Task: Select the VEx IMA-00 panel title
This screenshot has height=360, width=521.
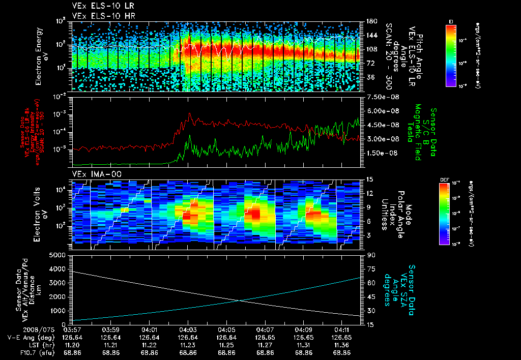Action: tap(93, 174)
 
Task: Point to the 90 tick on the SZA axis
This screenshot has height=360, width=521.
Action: tap(369, 255)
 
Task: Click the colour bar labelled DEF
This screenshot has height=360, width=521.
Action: tap(443, 214)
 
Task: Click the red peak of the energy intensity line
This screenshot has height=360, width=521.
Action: tap(189, 114)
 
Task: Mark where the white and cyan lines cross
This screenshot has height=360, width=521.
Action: tap(240, 300)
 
